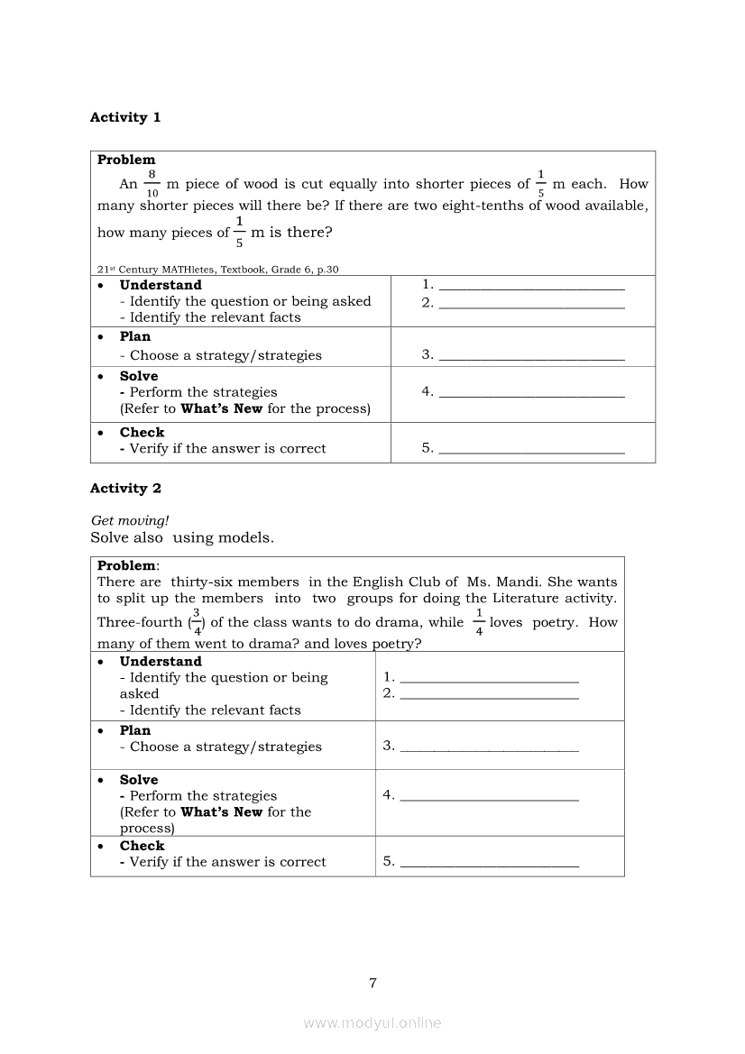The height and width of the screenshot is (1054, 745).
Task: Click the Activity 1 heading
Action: click(125, 117)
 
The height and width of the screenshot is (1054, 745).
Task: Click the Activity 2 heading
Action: click(125, 489)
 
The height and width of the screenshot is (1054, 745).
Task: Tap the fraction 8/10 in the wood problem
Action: click(152, 183)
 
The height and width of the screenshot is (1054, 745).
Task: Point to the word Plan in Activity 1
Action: click(135, 336)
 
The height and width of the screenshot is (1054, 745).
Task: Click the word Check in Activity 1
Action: click(143, 433)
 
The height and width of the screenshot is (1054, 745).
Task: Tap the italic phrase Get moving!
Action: click(130, 520)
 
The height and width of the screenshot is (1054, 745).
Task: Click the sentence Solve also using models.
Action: click(182, 537)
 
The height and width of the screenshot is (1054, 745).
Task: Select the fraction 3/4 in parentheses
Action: click(196, 622)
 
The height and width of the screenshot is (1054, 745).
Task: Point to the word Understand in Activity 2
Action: click(161, 662)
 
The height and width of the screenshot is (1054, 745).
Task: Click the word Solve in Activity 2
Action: click(139, 780)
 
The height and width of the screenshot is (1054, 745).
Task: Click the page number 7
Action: click(372, 983)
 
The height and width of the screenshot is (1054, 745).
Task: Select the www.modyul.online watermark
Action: click(372, 1023)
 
